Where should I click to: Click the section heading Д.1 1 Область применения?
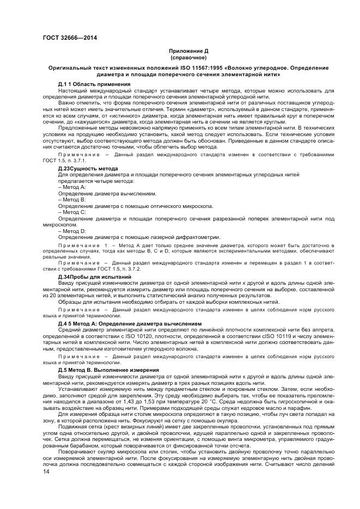(x=94, y=84)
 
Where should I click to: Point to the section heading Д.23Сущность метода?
(x=88, y=169)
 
